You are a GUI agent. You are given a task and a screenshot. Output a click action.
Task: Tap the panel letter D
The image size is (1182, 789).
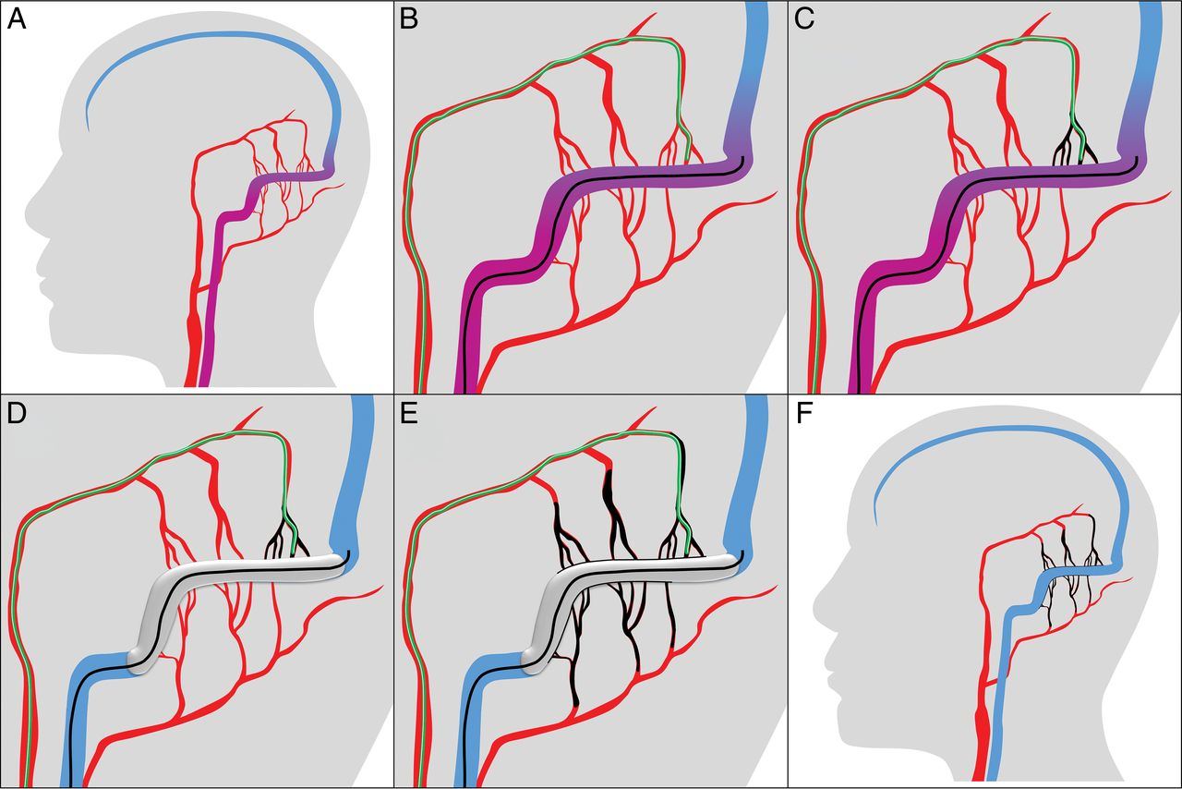pos(17,414)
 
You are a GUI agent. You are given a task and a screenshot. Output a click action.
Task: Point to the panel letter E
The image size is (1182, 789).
pos(409,414)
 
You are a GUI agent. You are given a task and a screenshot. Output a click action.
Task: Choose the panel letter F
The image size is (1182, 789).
pos(803,414)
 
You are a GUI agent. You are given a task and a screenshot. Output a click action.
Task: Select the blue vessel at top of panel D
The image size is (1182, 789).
pos(355,475)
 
